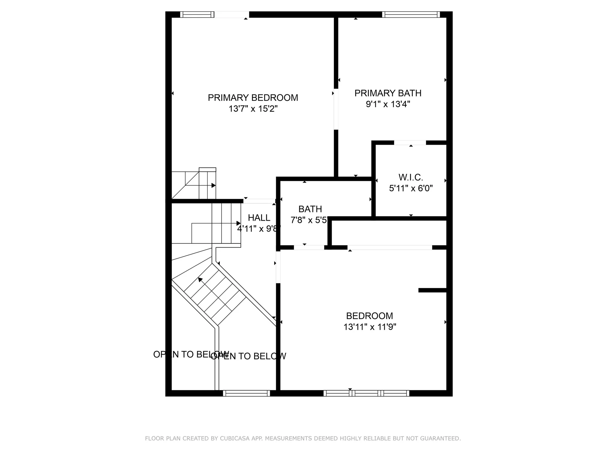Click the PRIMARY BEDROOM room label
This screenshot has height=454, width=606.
[253, 98]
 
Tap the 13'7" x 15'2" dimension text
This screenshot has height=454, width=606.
[253, 109]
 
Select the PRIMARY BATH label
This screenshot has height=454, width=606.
[388, 93]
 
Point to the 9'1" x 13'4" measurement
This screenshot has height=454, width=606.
[388, 104]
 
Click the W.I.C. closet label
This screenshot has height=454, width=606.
[411, 177]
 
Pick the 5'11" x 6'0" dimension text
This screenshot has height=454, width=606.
[411, 188]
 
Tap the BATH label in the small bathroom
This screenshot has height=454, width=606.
[310, 209]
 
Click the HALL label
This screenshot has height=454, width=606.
[259, 218]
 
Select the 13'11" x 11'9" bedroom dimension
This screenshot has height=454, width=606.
[370, 327]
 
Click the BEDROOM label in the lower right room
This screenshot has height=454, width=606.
[370, 316]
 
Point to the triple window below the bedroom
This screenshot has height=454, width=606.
[366, 393]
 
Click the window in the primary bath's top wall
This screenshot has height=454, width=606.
[411, 15]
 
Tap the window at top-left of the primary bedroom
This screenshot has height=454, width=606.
[197, 15]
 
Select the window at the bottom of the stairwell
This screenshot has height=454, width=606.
[247, 393]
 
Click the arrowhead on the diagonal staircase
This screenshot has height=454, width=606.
[200, 279]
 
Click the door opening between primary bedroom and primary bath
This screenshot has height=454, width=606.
[336, 109]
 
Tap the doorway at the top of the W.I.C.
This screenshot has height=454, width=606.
[410, 143]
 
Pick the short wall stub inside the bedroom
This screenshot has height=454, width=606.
[432, 290]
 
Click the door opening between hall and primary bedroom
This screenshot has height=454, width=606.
[259, 201]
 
